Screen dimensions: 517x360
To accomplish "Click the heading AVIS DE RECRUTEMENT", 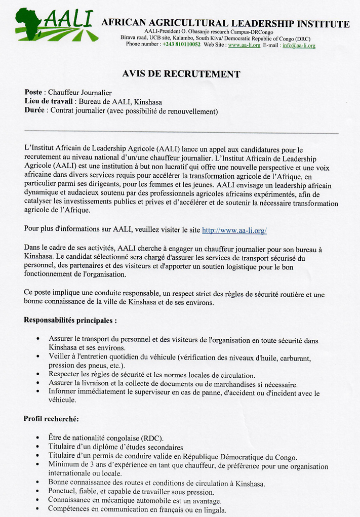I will pyautogui.click(x=181, y=74).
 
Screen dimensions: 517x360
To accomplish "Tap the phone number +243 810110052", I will pyautogui.click(x=181, y=45).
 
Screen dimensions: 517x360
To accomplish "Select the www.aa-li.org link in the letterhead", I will pyautogui.click(x=244, y=45).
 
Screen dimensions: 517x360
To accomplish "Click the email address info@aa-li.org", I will pyautogui.click(x=299, y=45).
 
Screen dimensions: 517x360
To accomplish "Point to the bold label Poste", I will pyautogui.click(x=33, y=92).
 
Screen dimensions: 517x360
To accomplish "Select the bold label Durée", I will pyautogui.click(x=34, y=110).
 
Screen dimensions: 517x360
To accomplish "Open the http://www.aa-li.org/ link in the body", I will pyautogui.click(x=234, y=230).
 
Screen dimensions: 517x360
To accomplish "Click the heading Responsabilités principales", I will pyautogui.click(x=70, y=320).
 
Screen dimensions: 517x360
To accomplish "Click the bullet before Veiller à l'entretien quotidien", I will pyautogui.click(x=38, y=357).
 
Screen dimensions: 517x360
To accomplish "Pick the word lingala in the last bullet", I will pyautogui.click(x=213, y=510).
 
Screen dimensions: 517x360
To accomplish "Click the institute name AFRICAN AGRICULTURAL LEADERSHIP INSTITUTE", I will pyautogui.click(x=225, y=23).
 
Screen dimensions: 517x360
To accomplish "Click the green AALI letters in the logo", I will pyautogui.click(x=68, y=19).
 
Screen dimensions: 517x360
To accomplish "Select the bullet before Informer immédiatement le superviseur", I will pyautogui.click(x=38, y=391).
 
